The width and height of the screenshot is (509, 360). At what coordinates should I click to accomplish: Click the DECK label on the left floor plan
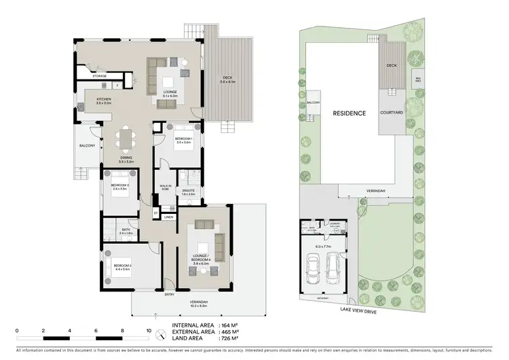[x=227, y=77]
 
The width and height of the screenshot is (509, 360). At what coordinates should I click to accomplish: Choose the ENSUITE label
[x=189, y=191]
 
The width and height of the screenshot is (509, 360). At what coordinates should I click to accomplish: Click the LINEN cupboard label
[x=168, y=217]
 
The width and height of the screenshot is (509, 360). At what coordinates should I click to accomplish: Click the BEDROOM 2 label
[x=122, y=266]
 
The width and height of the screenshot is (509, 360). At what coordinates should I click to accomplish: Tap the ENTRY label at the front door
[x=169, y=295]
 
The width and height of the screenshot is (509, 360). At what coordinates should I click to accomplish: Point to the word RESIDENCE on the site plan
[x=350, y=113]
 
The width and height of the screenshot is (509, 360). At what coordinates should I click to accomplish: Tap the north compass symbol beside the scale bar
[x=161, y=335]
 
